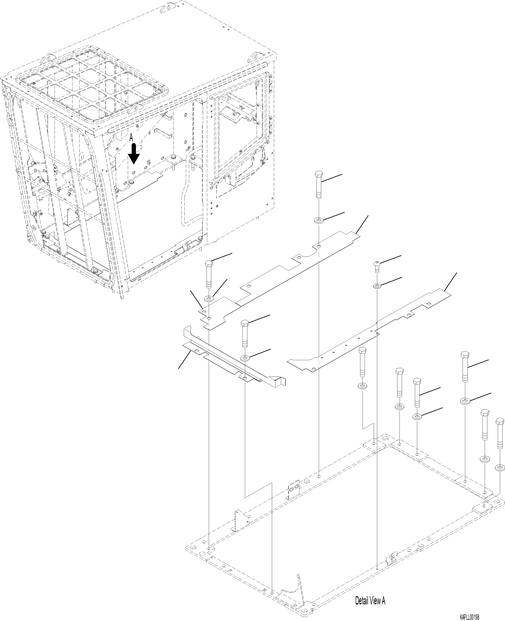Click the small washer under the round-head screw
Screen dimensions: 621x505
coord(377,286)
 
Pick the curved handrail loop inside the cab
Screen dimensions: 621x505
coord(192,186)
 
